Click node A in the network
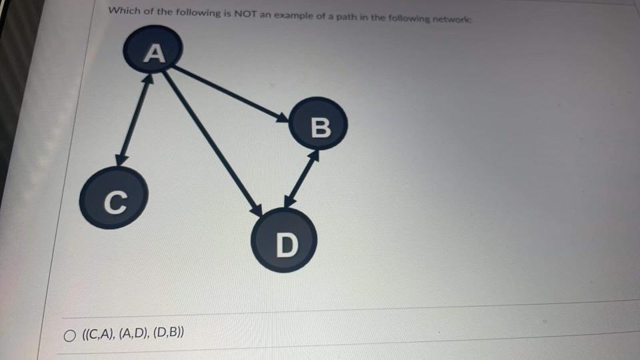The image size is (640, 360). click(155, 53)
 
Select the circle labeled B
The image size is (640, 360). click(321, 127)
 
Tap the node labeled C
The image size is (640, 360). click(113, 199)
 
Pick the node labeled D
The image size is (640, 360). click(284, 243)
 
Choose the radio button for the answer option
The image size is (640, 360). click(69, 335)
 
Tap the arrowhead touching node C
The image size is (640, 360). click(121, 159)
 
